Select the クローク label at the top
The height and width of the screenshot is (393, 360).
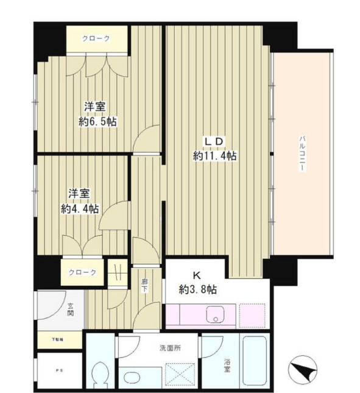coord(97,39)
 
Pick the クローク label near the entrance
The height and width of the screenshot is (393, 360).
coord(82,272)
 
